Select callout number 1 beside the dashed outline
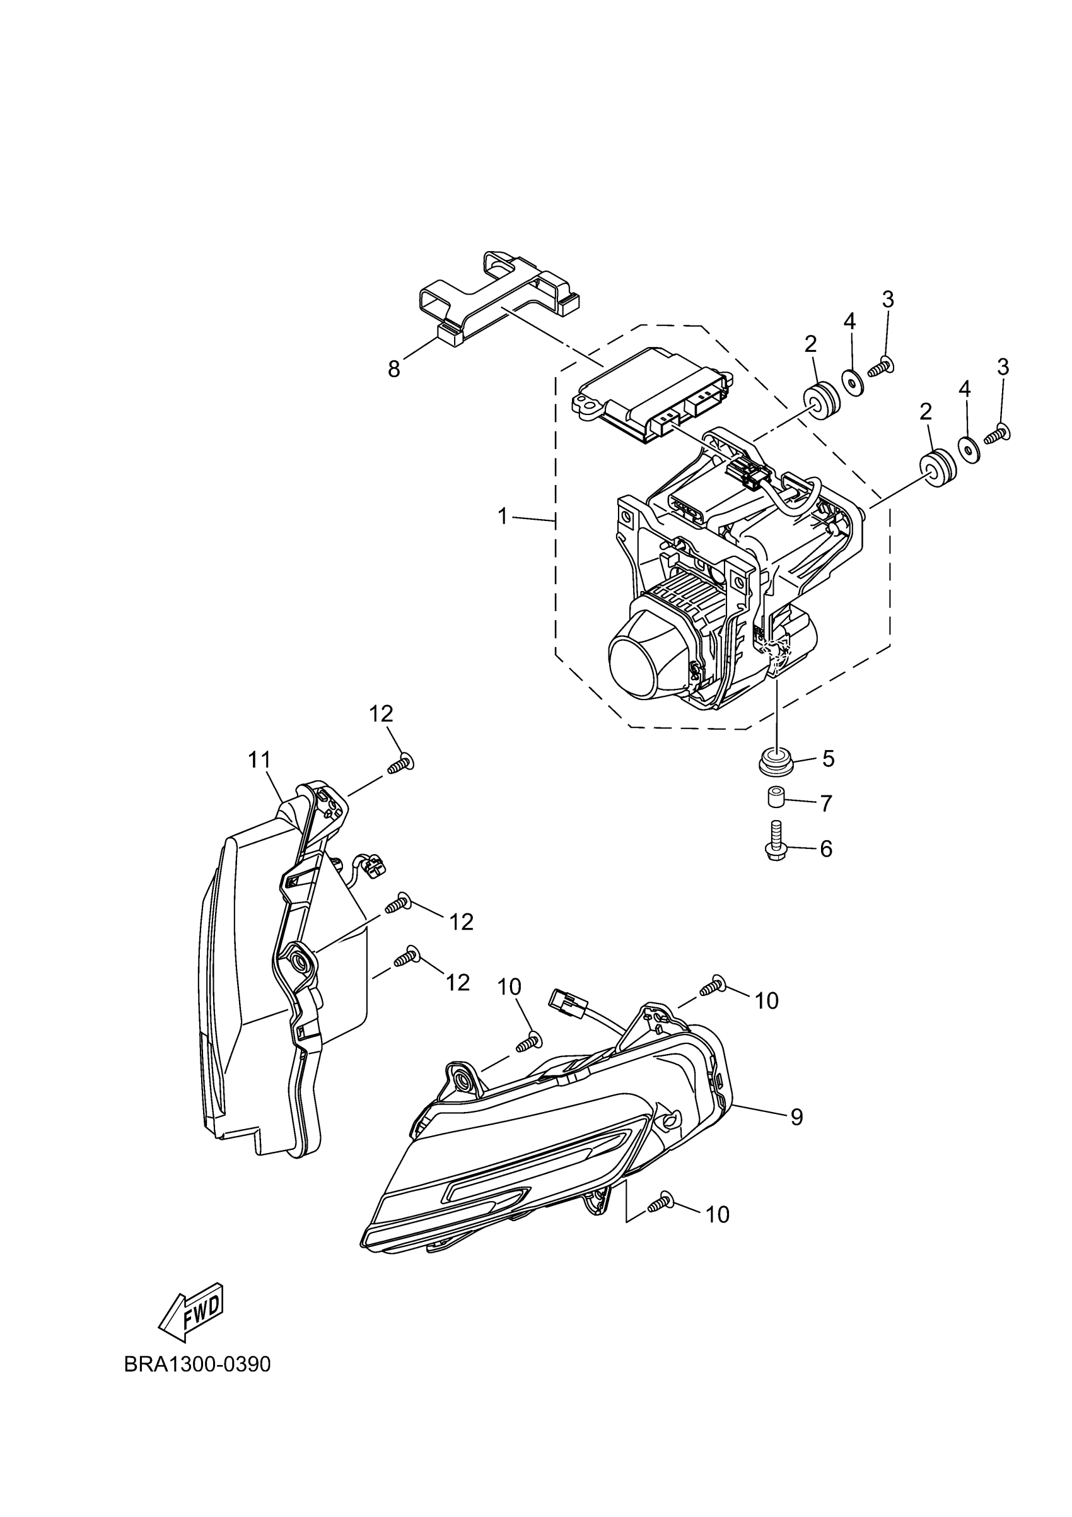pos(503,516)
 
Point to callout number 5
pos(827,758)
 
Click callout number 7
pos(825,804)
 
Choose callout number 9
pos(797,1116)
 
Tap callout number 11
pos(260,760)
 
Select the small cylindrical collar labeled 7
pos(776,798)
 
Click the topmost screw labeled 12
pos(400,764)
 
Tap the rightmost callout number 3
pos(1002,367)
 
